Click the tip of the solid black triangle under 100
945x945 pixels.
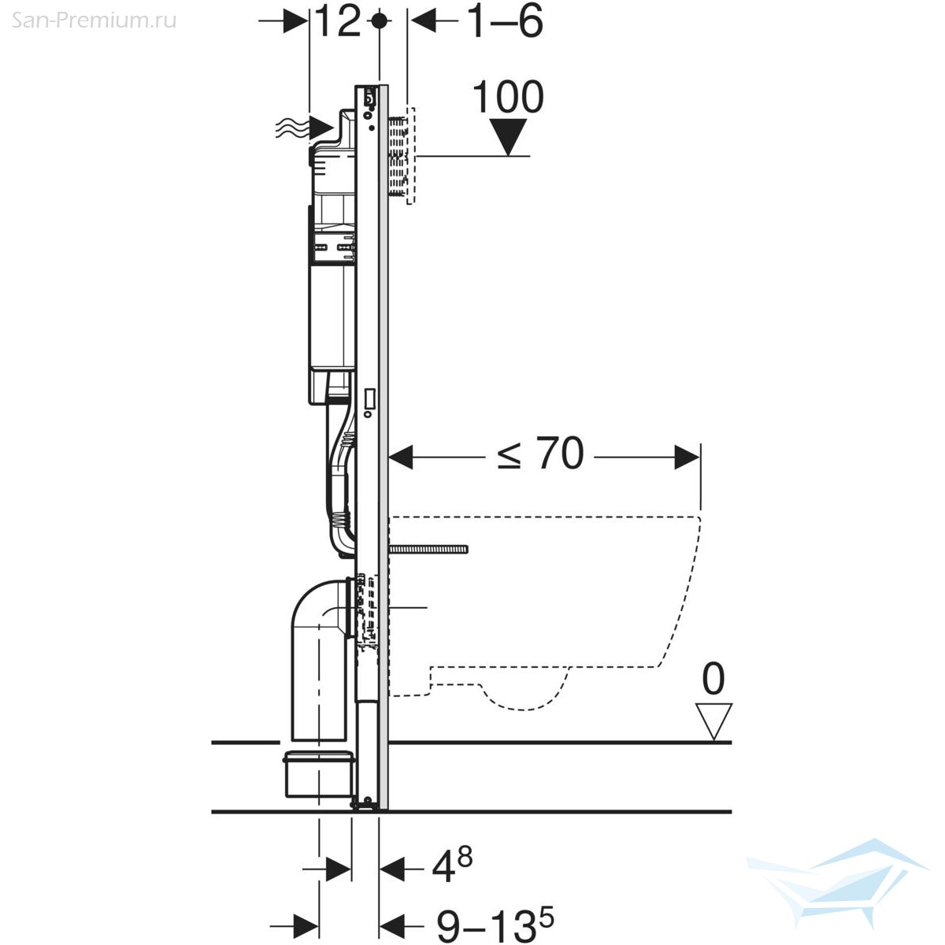coord(509,155)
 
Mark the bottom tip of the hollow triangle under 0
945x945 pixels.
coord(714,739)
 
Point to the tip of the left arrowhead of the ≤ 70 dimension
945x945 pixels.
coord(388,457)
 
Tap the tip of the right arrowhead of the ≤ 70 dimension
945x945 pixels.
coord(700,457)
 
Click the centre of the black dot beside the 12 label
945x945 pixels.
coord(379,20)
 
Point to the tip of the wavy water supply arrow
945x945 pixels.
coord(335,128)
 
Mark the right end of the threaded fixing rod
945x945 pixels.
coord(468,549)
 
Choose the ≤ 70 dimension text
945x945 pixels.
coord(540,454)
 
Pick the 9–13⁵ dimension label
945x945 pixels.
coord(495,924)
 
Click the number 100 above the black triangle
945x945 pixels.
coord(508,97)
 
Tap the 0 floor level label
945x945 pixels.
coord(713,679)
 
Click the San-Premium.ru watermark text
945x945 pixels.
coord(94,20)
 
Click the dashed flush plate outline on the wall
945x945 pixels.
coord(411,155)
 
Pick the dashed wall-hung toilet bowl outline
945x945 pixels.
coord(544,613)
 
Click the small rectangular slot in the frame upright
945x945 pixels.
coord(369,400)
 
